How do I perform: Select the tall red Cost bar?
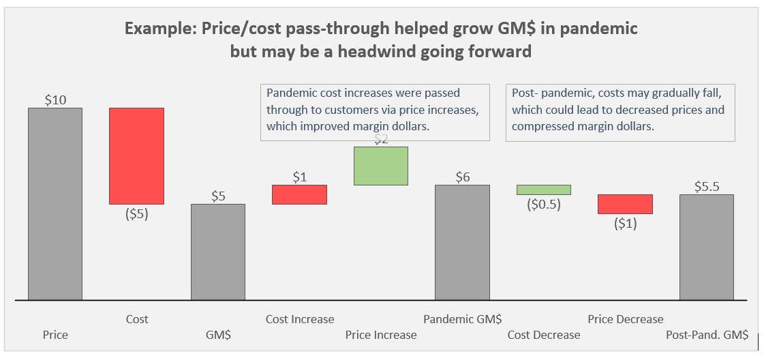136,155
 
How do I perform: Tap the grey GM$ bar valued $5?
217,252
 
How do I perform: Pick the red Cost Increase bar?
299,194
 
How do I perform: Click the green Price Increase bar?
380,166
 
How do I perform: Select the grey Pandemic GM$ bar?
462,242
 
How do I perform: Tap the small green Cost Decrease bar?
543,190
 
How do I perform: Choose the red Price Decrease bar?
625,204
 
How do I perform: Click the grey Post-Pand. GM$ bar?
706,247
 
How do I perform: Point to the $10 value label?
55,100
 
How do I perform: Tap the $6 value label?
462,177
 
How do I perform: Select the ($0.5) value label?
543,204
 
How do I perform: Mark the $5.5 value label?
707,186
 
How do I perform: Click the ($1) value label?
625,223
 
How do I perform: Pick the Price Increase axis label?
380,335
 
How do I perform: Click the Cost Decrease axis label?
543,335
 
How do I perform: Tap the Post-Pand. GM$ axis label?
707,335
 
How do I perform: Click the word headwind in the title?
396,51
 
